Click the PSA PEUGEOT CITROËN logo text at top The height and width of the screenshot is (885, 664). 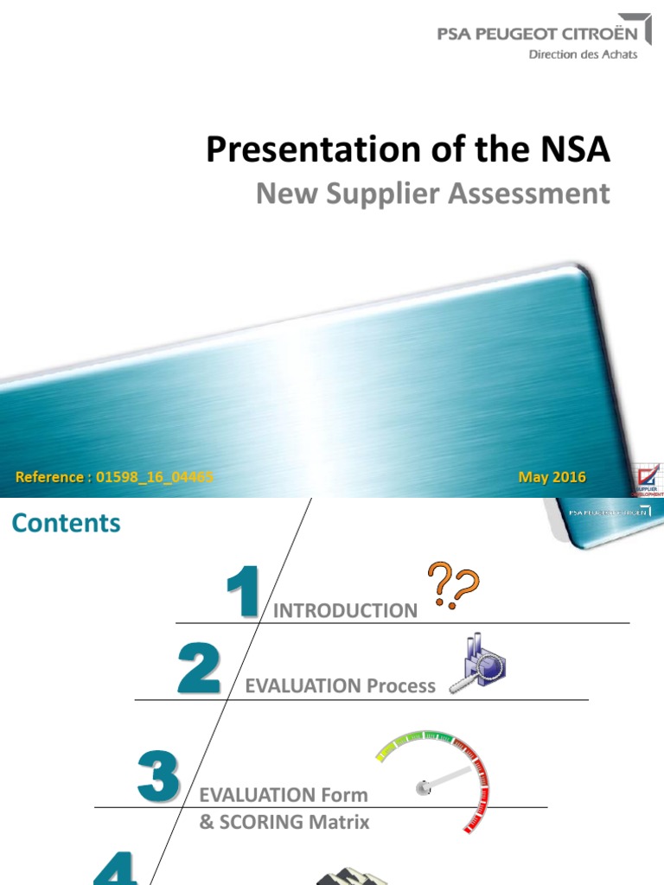click(539, 35)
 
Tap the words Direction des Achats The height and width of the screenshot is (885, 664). click(583, 54)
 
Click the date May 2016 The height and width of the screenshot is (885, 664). click(552, 477)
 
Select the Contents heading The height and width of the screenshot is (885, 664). click(66, 523)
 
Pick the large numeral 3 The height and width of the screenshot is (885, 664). click(158, 775)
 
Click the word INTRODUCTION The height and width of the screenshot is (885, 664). click(345, 611)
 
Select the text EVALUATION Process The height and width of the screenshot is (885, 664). click(341, 686)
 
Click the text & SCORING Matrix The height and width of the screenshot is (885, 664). click(284, 822)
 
